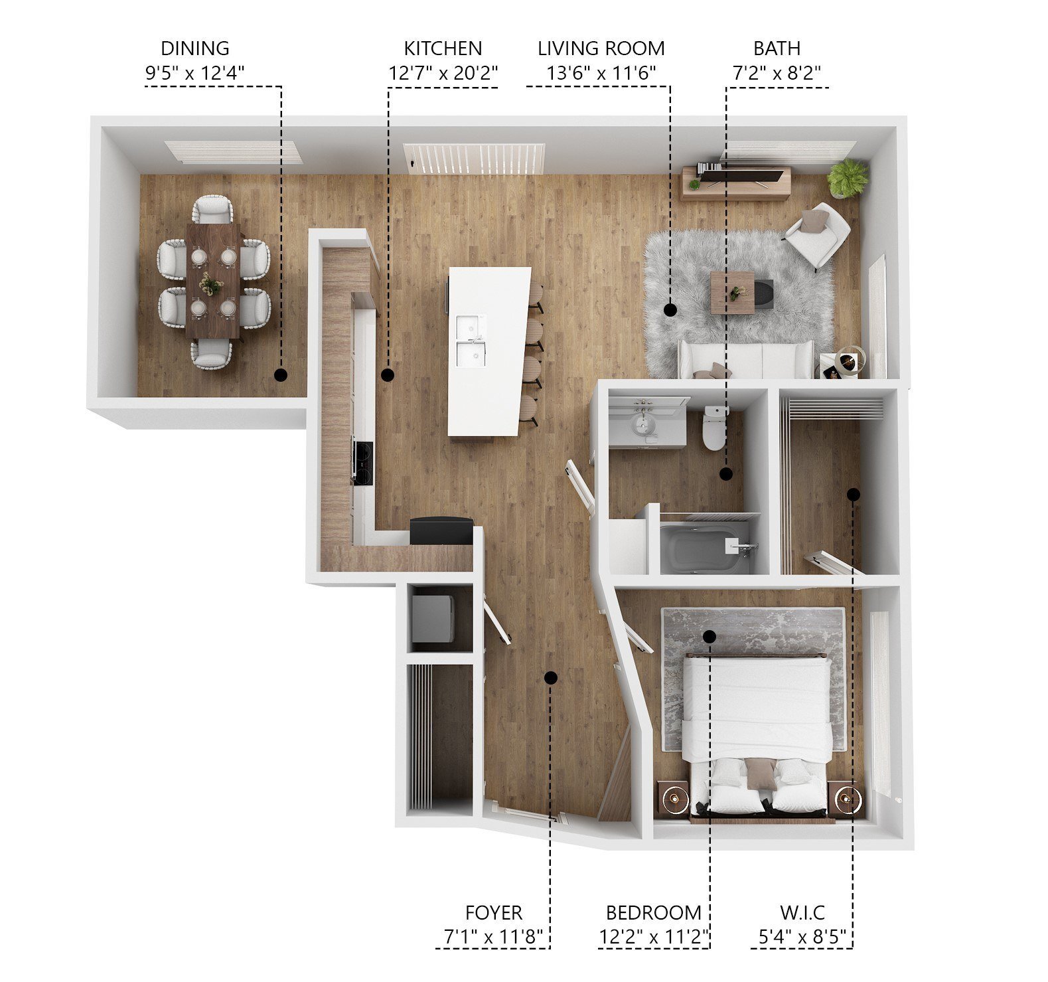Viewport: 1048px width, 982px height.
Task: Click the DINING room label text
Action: point(194,48)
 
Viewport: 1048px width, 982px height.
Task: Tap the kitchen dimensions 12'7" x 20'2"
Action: point(443,73)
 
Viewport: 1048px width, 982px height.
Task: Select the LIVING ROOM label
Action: point(601,48)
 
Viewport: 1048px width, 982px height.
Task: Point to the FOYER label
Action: point(493,913)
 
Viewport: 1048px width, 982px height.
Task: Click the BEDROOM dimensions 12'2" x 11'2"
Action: point(654,938)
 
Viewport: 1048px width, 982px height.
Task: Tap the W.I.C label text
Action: point(802,913)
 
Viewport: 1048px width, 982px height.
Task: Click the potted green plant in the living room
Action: point(847,177)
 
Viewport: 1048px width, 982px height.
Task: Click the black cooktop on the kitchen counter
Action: point(362,462)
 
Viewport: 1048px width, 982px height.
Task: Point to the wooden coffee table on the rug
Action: point(732,291)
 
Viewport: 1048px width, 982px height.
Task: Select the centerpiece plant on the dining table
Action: point(212,284)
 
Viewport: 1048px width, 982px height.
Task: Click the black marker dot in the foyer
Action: point(550,677)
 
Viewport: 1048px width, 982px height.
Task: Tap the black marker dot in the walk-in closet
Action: point(854,495)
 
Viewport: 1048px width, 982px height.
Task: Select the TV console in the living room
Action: point(736,182)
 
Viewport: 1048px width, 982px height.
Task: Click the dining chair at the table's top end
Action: point(213,209)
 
